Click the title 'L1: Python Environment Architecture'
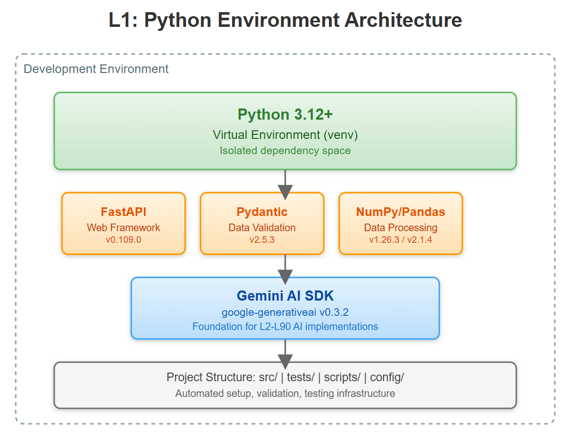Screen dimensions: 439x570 285,21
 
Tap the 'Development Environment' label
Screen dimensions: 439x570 96,69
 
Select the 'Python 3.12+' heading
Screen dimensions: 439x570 285,115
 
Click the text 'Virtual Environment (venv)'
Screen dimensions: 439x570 285,135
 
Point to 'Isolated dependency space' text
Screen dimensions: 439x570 285,151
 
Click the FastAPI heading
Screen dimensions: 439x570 123,212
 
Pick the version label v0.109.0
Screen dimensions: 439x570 123,240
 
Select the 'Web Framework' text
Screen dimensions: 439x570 123,228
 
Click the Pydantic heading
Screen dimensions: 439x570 262,212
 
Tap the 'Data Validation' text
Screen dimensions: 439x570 262,228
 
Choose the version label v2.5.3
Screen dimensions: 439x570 262,240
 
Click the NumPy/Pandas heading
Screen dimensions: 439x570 400,212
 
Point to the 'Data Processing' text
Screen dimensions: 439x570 400,228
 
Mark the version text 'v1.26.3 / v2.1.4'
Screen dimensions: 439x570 400,240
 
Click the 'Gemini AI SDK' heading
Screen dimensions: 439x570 285,296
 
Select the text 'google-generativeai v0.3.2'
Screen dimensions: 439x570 285,312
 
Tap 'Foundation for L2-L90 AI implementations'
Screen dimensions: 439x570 285,326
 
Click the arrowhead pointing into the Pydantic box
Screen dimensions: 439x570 285,192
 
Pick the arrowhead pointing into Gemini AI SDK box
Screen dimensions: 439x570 285,277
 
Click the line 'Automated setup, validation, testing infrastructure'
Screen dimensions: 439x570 285,393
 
